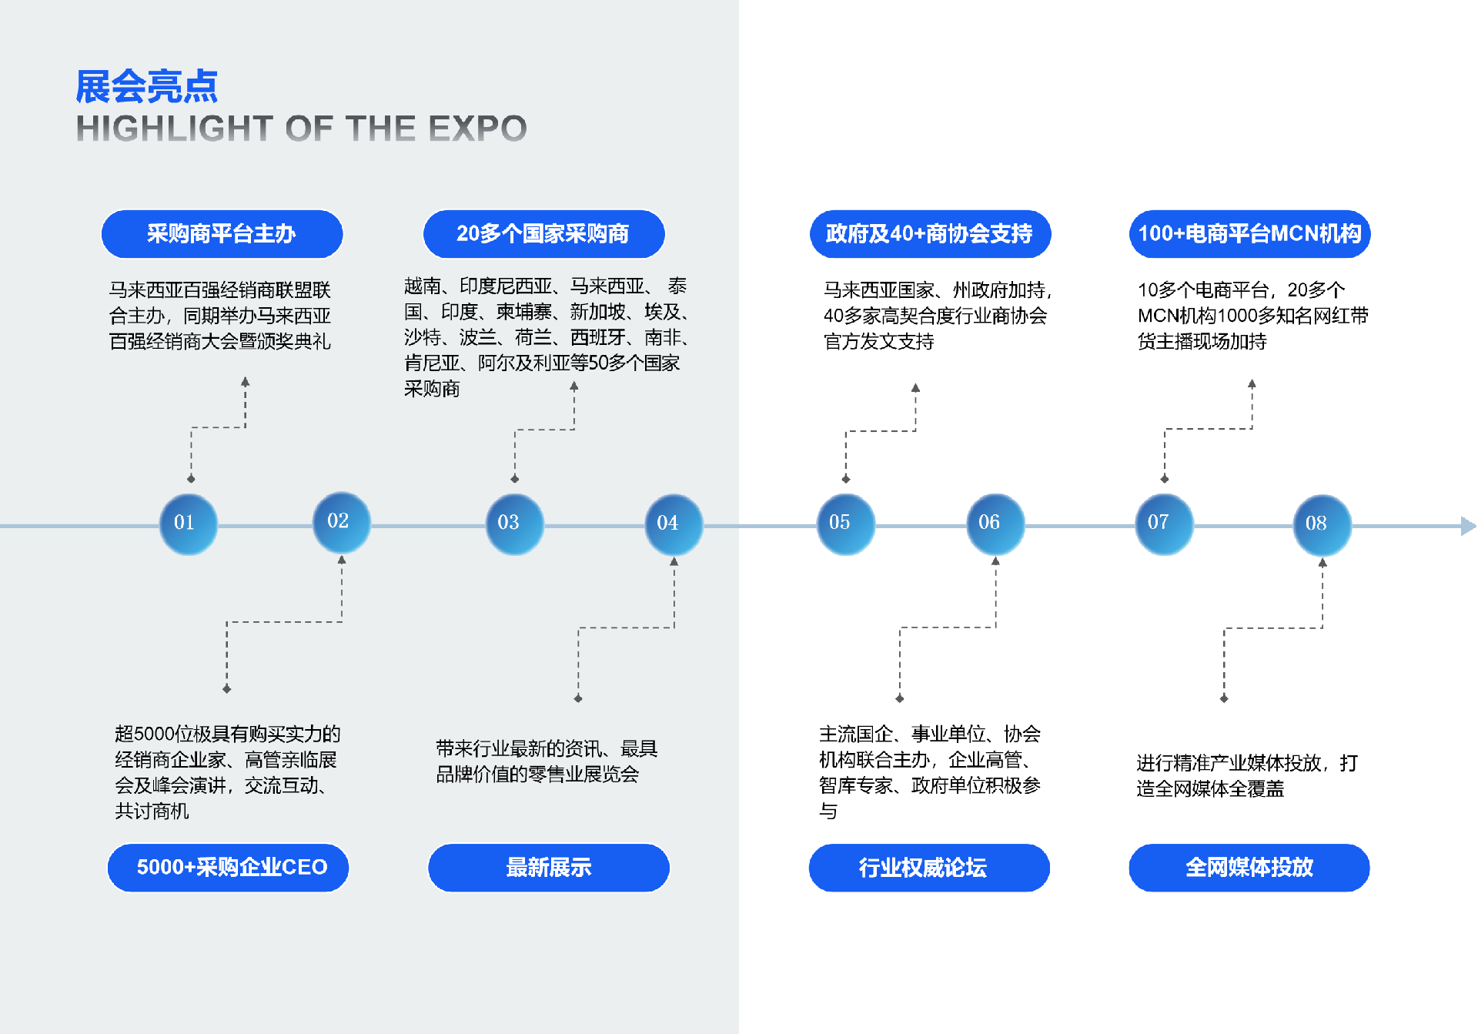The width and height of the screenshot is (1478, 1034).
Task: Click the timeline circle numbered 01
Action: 188,524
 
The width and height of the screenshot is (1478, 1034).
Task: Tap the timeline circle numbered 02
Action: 341,523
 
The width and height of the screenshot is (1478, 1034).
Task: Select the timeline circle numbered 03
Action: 514,524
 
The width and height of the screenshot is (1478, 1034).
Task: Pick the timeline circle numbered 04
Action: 674,524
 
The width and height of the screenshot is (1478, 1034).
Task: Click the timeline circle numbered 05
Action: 845,524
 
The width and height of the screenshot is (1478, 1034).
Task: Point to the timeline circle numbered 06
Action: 995,524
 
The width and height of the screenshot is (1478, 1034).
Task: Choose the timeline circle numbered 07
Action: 1164,524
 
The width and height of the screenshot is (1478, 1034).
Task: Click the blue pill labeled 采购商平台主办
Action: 222,234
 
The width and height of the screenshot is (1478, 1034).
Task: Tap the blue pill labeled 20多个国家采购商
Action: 543,234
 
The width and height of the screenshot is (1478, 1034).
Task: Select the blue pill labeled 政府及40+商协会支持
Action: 930,234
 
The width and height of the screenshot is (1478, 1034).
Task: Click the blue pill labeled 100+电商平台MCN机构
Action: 1249,234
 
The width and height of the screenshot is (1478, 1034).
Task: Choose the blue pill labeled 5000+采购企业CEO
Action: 228,868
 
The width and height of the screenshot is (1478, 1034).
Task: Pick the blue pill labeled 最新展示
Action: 549,868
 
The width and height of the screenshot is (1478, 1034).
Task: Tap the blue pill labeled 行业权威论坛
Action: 929,868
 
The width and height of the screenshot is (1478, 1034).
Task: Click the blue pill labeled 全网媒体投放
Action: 1249,868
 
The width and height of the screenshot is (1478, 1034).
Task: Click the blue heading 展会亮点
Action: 146,86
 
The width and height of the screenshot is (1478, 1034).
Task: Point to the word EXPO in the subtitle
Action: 477,129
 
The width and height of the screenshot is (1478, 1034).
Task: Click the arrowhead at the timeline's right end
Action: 1468,526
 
